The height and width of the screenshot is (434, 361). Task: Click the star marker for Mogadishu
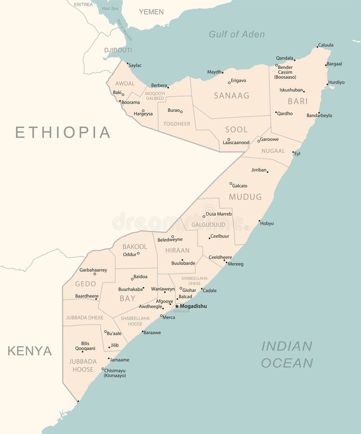[x=177, y=306]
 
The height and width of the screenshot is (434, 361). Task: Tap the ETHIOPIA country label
[x=63, y=132]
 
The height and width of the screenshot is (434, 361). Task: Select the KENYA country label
[x=29, y=351]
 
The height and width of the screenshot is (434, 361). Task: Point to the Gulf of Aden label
[x=236, y=34]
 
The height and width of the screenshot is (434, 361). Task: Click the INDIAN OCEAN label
[x=287, y=354]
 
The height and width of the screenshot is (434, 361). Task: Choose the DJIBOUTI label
[x=118, y=50]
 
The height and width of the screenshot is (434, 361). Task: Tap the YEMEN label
[x=151, y=12]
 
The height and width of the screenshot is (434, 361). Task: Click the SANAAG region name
[x=232, y=95]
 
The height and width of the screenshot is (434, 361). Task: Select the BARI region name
[x=297, y=101]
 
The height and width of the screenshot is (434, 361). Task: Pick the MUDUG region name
[x=245, y=197]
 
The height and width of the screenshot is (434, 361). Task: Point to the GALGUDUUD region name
[x=208, y=225]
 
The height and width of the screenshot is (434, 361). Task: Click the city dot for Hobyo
[x=259, y=221]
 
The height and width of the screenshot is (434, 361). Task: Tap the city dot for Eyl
[x=293, y=152]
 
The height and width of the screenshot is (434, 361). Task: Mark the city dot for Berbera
[x=168, y=87]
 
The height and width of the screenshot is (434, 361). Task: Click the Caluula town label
[x=326, y=45]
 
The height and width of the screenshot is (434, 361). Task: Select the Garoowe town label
[x=269, y=139]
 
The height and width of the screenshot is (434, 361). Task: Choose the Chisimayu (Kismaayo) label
[x=115, y=372]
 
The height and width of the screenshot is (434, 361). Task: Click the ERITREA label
[x=83, y=4]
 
